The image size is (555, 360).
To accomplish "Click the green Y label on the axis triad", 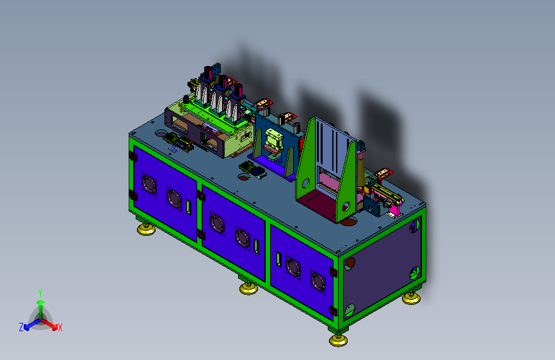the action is (x=40, y=293).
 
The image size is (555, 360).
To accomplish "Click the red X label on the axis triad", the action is (x=60, y=327).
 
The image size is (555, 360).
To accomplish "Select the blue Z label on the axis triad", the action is (x=21, y=327).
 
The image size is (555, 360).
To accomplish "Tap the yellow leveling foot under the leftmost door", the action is (x=146, y=229).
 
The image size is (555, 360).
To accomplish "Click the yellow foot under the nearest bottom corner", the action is (x=338, y=340).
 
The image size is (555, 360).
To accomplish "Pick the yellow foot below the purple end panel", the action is (x=412, y=299).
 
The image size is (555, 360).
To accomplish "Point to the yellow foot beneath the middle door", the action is (x=248, y=288).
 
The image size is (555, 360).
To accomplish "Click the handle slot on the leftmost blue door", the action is (x=188, y=207).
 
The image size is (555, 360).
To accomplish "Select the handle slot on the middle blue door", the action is (x=256, y=246).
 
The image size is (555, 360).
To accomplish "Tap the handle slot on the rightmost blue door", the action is (x=278, y=259).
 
